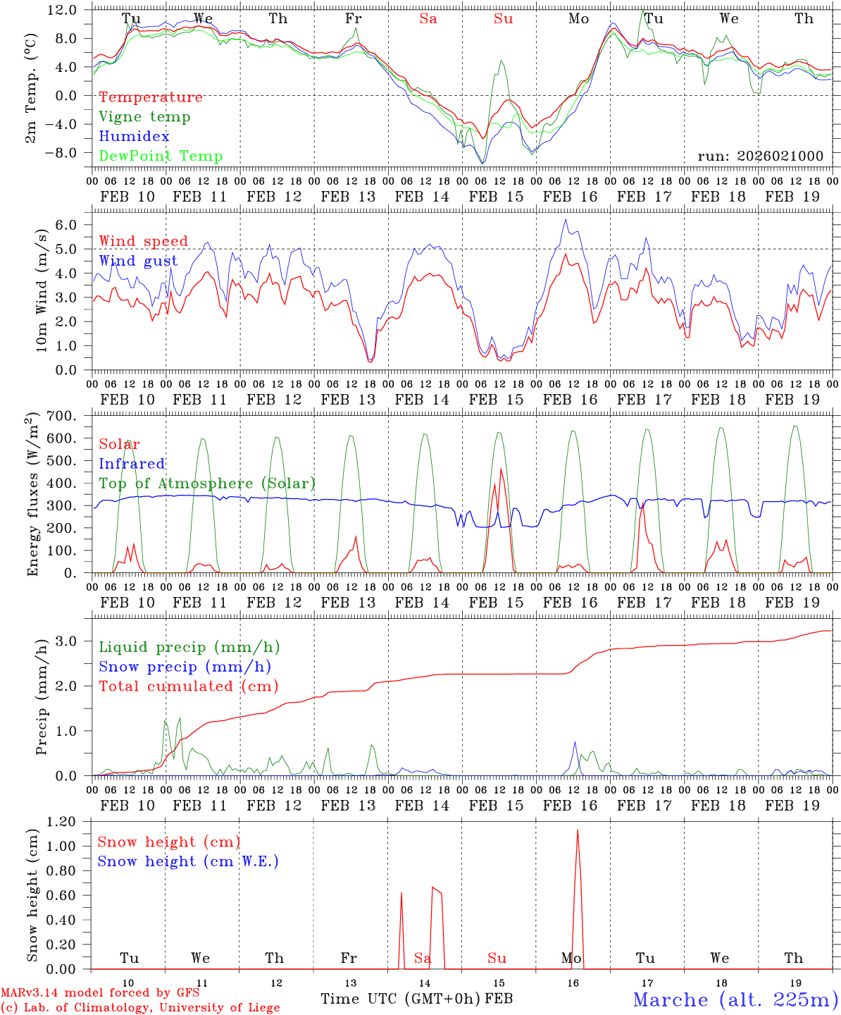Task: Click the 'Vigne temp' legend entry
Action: tap(144, 117)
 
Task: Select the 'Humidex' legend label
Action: tap(134, 137)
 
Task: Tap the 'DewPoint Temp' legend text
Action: tap(161, 156)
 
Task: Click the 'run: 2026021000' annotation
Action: tap(760, 156)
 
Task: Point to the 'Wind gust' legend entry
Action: tap(138, 261)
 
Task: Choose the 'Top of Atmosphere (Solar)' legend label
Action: tap(207, 484)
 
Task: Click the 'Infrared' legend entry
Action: tap(132, 464)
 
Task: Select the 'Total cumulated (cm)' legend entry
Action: tap(189, 687)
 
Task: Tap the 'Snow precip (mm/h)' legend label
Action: tap(185, 667)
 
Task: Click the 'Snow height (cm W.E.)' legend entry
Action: tap(188, 861)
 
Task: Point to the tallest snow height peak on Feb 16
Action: tap(578, 830)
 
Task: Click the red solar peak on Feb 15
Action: tap(501, 469)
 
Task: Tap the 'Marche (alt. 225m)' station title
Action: tap(735, 999)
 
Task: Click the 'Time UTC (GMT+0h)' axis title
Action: tap(401, 999)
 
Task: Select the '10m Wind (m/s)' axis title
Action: tap(42, 290)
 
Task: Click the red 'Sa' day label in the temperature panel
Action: tap(428, 19)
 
